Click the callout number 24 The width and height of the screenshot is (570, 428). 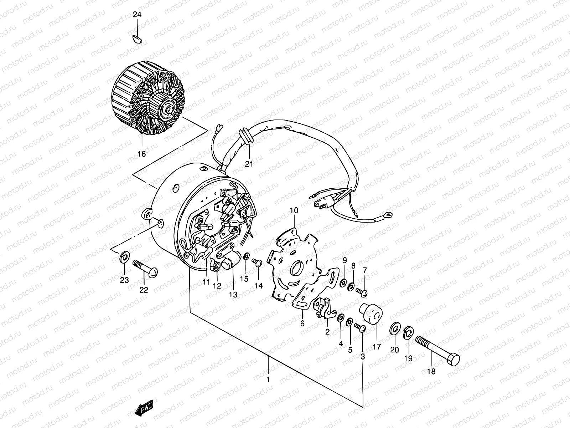tap(137, 15)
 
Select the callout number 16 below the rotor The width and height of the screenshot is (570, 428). tap(141, 154)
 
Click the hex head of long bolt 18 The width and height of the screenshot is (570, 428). tap(453, 360)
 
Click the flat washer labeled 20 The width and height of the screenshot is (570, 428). tap(394, 328)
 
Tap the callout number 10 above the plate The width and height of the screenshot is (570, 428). tap(294, 211)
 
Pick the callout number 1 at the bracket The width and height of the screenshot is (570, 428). tap(268, 379)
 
